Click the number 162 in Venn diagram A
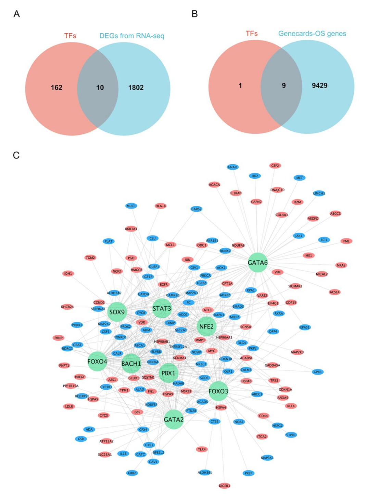(56, 87)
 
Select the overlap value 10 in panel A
(100, 87)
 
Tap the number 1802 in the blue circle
(136, 87)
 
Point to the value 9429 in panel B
(319, 85)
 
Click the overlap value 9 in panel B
(283, 85)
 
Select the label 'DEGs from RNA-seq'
(132, 36)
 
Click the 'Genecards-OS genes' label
(312, 34)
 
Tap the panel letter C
(16, 155)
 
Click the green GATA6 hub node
(257, 263)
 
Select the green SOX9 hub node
(117, 312)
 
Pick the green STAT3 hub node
(162, 309)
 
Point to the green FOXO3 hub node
(218, 391)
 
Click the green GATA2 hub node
(174, 419)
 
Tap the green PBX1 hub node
(168, 373)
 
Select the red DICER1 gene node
(224, 486)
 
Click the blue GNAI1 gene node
(232, 167)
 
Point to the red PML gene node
(346, 241)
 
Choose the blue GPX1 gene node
(318, 372)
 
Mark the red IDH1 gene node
(68, 273)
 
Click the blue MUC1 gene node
(131, 206)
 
